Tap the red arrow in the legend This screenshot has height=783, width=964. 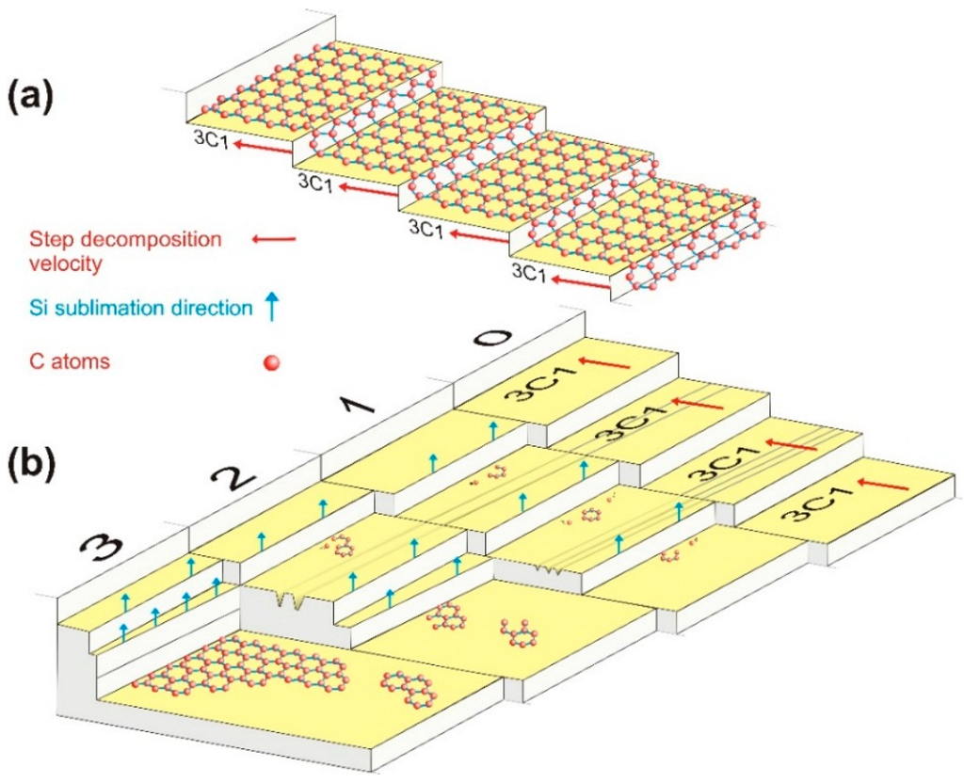(274, 240)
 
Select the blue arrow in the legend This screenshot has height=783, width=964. (272, 307)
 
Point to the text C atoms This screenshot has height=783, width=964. (69, 361)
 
